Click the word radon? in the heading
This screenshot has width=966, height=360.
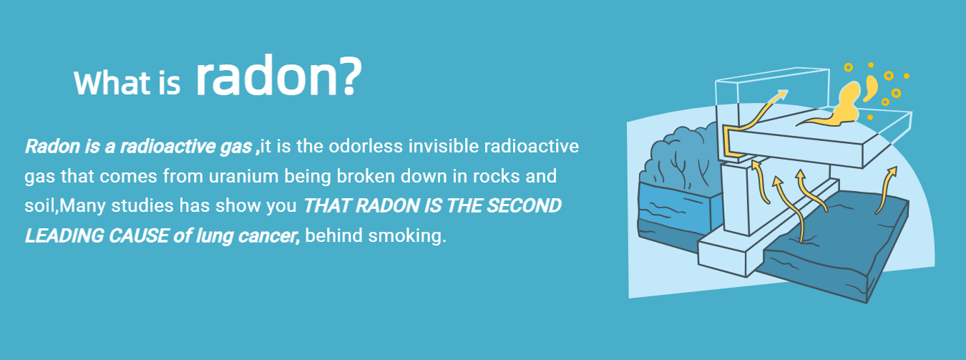coord(278,76)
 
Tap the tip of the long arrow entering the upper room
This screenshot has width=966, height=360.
coord(787,91)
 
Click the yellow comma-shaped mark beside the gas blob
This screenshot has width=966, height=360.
coord(871,88)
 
